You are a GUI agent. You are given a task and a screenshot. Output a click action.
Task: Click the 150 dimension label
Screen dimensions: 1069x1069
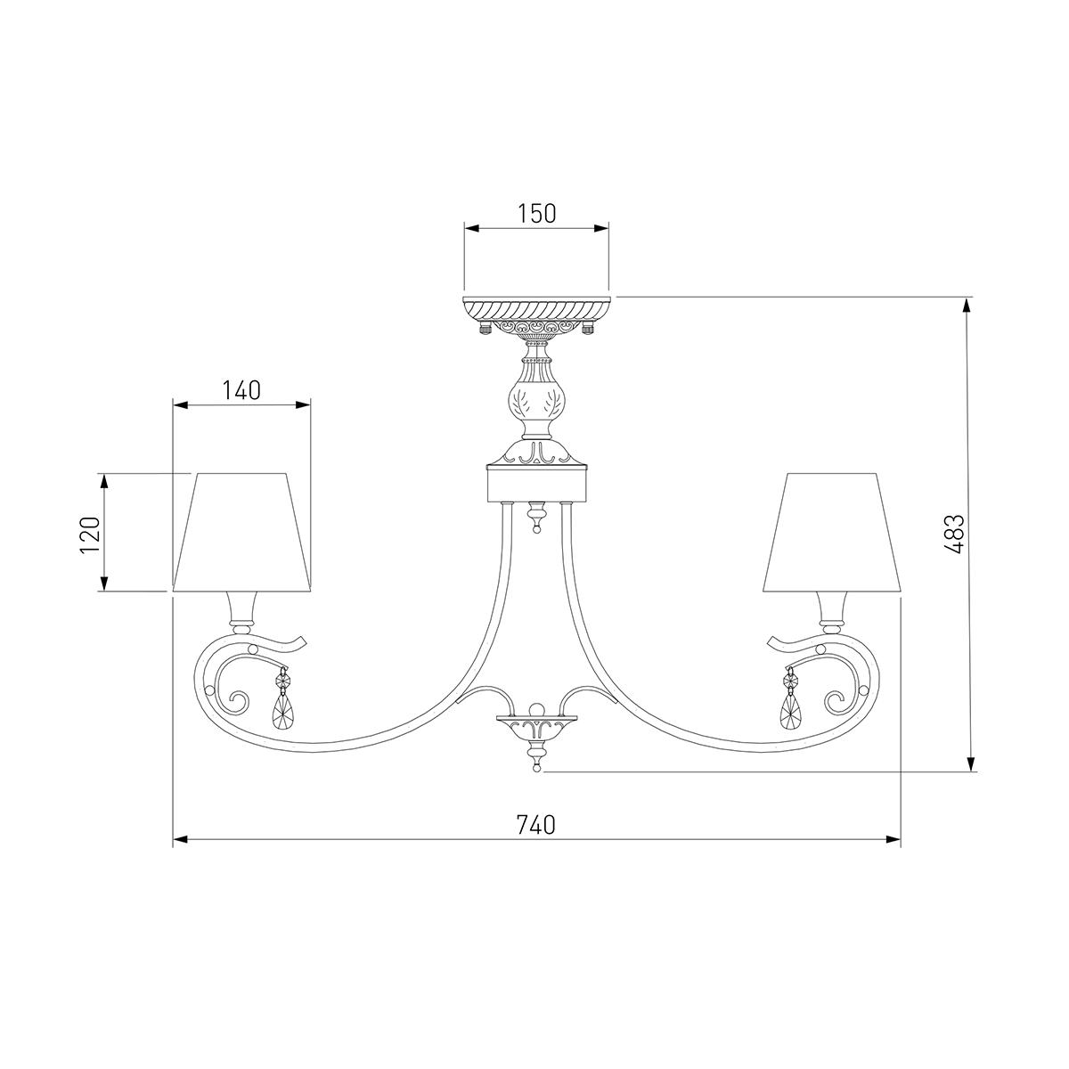pos(536,214)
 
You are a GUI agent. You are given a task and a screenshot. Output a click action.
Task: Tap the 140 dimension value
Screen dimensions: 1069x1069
pos(241,390)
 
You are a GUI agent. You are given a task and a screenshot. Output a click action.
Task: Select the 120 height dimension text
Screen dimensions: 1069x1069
pos(90,534)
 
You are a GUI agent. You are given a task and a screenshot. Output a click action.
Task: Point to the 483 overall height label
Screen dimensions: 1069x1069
pos(954,534)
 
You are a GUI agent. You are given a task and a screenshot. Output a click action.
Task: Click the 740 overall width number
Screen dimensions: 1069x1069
pos(536,840)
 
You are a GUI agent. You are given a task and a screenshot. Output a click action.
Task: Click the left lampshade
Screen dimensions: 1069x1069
pos(241,533)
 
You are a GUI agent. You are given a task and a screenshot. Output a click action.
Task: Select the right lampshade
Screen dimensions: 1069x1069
pos(831,533)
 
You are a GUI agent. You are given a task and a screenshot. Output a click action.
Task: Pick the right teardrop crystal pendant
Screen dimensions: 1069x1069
pos(790,707)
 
